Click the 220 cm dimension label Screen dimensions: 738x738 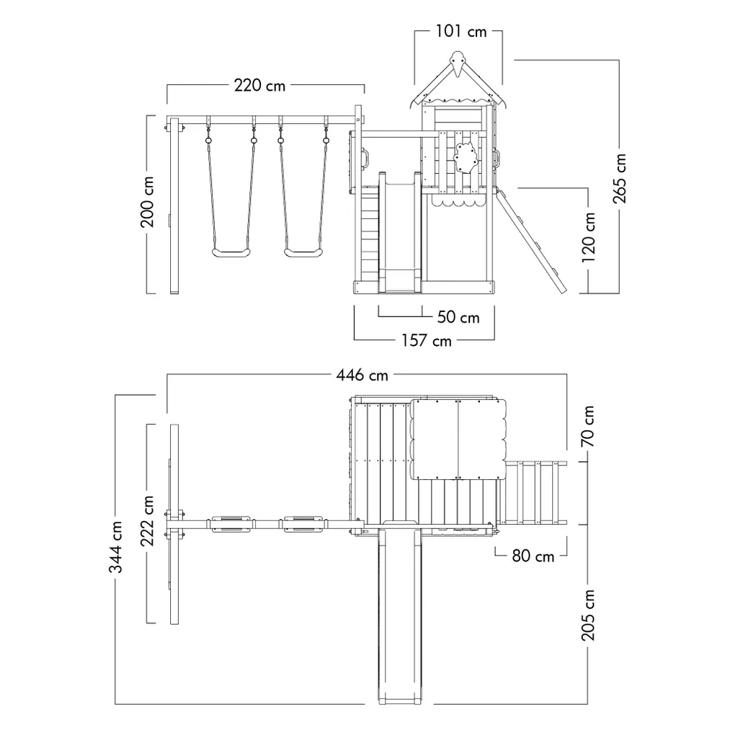259,86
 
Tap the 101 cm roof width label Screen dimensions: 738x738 461,32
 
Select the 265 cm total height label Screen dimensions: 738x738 619,179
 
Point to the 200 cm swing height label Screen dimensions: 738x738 147,202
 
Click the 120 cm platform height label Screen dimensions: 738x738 588,237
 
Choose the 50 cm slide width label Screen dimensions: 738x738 458,317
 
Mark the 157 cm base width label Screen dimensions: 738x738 427,340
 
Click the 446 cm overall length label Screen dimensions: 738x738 362,375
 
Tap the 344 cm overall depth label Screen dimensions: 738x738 116,546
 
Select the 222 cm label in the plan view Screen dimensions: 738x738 147,520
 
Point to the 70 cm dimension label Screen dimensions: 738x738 588,427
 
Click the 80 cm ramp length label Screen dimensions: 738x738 533,556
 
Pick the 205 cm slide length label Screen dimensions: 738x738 588,615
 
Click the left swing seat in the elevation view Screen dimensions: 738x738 231,253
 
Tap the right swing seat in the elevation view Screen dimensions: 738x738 303,253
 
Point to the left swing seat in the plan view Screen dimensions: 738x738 231,524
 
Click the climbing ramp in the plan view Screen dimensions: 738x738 535,493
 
